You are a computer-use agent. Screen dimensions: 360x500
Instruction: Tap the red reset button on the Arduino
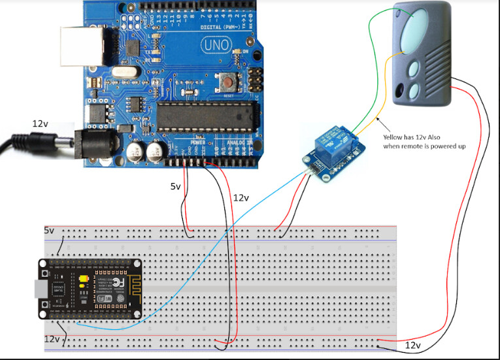pos(228,82)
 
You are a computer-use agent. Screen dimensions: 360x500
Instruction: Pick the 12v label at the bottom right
pos(413,344)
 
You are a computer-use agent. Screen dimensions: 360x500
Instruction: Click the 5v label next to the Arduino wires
pos(176,186)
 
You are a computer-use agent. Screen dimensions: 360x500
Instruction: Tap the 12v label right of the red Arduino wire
pos(241,197)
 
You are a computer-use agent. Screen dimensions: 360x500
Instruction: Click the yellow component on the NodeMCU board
pos(83,282)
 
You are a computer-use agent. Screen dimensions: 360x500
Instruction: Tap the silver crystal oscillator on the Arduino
pos(122,73)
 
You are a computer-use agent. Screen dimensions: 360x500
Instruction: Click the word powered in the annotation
pos(442,146)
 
